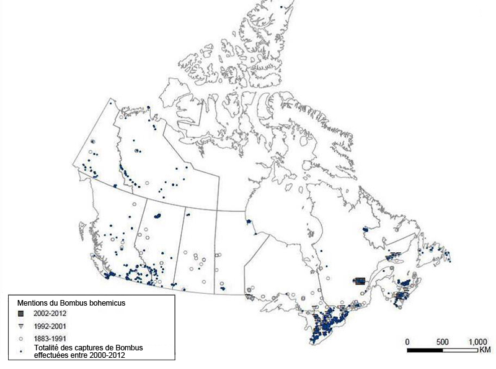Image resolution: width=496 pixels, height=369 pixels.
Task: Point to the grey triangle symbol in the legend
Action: tap(20, 326)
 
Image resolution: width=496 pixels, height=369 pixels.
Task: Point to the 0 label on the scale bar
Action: tap(407, 342)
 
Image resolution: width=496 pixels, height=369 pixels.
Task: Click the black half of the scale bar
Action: tap(425, 350)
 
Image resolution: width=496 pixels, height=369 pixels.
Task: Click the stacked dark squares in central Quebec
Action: tap(359, 281)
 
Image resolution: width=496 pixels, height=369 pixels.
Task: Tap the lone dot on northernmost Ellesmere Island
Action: tap(282, 7)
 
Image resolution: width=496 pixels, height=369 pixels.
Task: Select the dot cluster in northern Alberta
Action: tap(157, 216)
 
